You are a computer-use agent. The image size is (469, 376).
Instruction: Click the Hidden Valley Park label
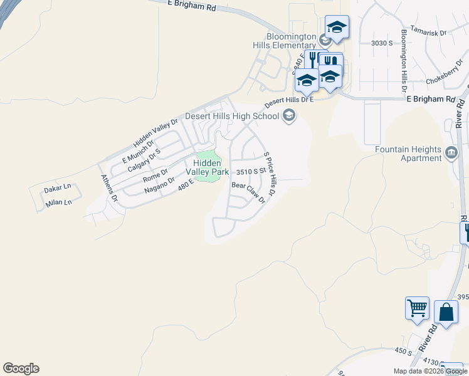point(206,167)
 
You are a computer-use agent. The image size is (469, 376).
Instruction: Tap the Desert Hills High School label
point(233,117)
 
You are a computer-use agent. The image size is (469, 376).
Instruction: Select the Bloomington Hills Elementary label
point(282,41)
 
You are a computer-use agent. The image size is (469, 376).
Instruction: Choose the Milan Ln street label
point(59,202)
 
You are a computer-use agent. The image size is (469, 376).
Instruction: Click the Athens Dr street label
point(110,187)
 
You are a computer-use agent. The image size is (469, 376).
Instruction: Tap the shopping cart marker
point(417,308)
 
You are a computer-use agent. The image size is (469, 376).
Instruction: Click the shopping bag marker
point(446,311)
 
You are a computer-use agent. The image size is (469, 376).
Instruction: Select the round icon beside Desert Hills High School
point(289,115)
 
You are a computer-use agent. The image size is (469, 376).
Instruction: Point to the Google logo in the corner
point(21,368)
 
